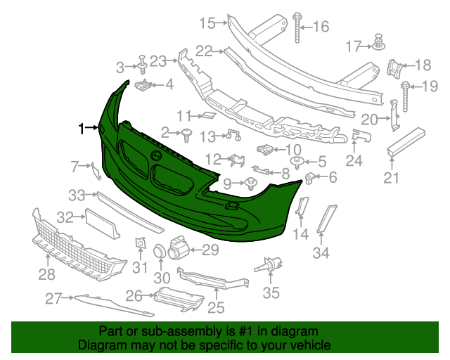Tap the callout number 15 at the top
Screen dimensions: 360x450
pos(206,23)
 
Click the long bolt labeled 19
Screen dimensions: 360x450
pos(406,93)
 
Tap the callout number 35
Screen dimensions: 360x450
pos(271,292)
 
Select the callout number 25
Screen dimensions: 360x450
pos(215,307)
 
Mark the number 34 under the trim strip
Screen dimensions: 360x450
pos(321,253)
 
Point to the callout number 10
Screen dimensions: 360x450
pos(292,149)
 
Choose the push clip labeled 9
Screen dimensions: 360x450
pos(251,185)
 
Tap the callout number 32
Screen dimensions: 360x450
pos(65,218)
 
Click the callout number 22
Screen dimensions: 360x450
pos(204,50)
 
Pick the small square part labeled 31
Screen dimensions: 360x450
pos(139,243)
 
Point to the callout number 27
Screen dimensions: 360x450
pos(54,298)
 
